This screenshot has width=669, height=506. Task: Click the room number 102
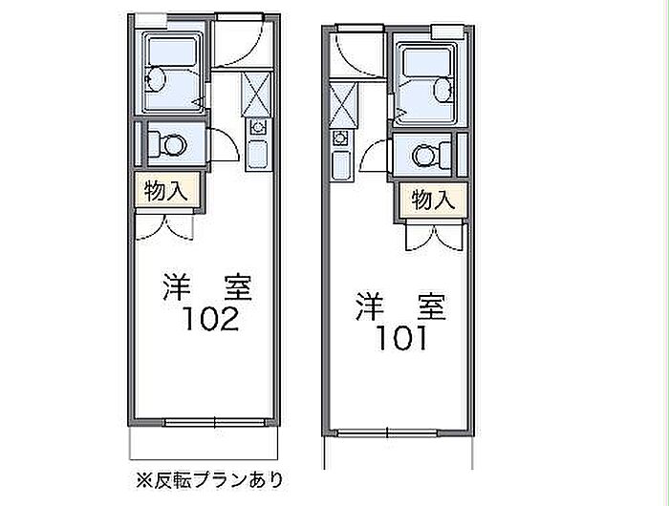(211, 319)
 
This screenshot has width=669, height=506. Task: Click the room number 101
(401, 339)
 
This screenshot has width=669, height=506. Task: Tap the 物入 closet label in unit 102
(166, 191)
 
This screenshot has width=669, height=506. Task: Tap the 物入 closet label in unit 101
(433, 200)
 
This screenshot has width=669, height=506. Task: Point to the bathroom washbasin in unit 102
(155, 79)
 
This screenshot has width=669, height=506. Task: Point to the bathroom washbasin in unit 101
(443, 90)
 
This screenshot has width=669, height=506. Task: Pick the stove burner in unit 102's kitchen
(258, 127)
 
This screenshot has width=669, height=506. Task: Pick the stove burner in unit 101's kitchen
(340, 138)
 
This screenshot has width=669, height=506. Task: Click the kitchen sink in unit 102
(258, 155)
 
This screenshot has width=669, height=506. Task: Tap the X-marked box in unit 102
(256, 95)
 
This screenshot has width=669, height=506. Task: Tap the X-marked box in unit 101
(343, 106)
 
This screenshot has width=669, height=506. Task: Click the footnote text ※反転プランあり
(209, 480)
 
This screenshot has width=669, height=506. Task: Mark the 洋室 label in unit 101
(401, 306)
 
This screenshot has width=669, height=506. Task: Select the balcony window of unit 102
(215, 422)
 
